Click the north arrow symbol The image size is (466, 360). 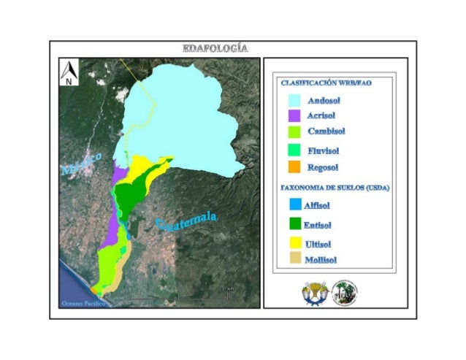click(x=69, y=73)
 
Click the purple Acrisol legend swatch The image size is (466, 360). click(x=295, y=115)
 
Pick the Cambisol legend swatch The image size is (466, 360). click(x=295, y=132)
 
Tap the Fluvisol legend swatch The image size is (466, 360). click(x=295, y=150)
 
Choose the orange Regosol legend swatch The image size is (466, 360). click(x=295, y=167)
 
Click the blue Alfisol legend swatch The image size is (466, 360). click(x=295, y=204)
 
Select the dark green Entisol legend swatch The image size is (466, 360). click(x=295, y=224)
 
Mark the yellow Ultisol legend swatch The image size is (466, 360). click(x=295, y=242)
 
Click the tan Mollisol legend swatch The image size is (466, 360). click(x=295, y=258)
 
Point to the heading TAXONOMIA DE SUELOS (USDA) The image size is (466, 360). click(x=335, y=188)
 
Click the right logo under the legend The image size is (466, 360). click(x=344, y=292)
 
